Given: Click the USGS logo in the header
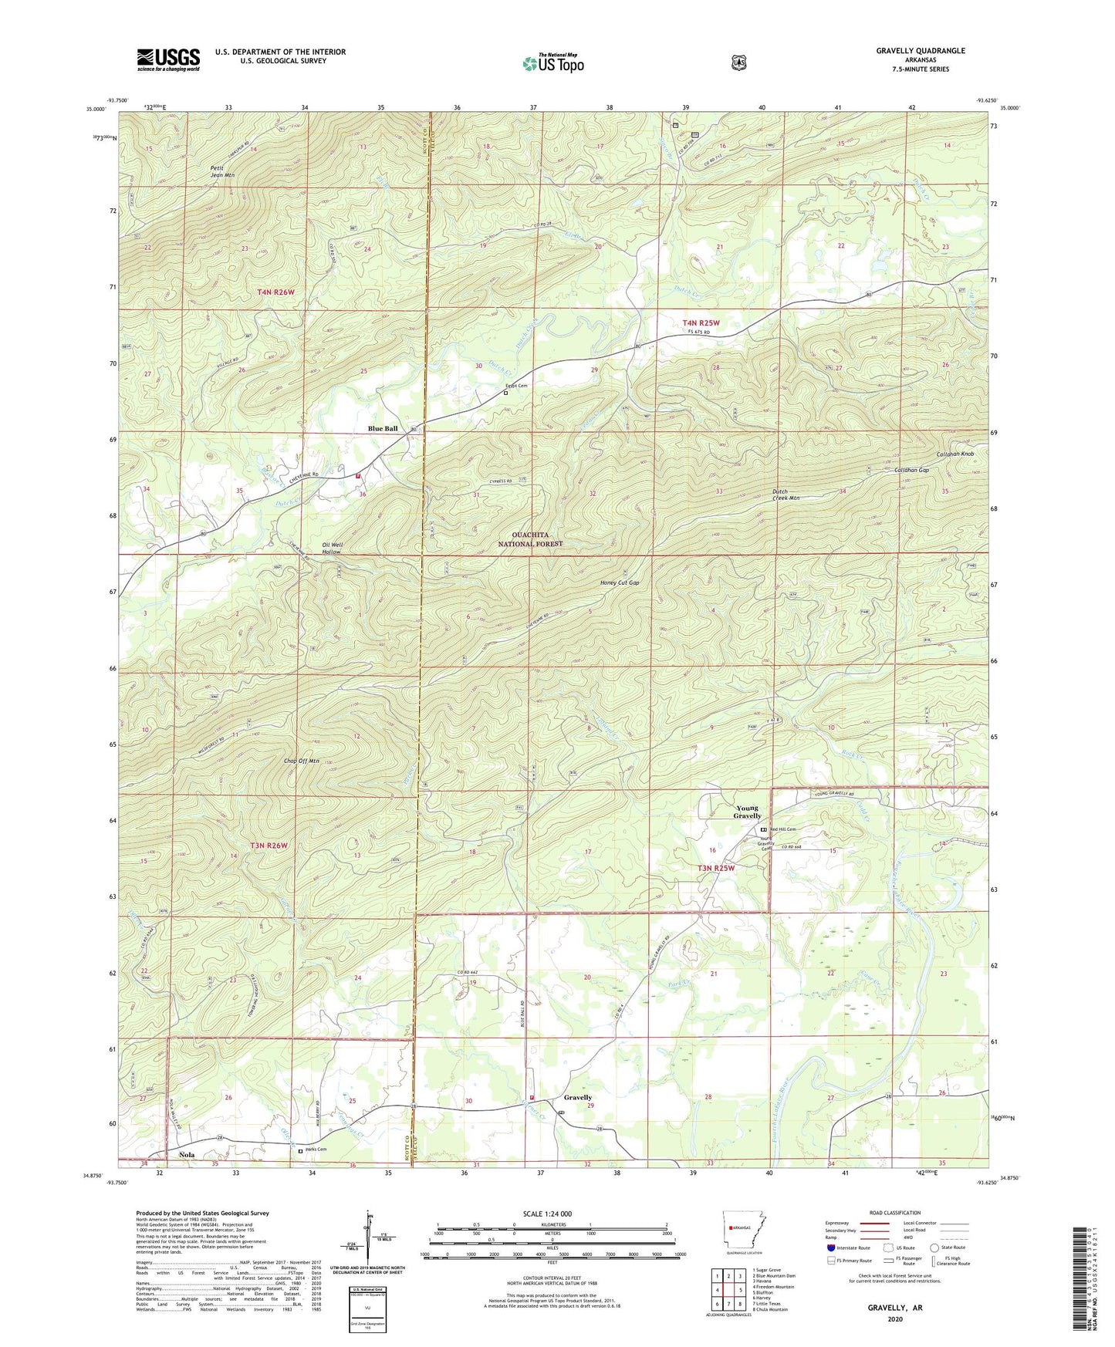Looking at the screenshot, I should pyautogui.click(x=168, y=59).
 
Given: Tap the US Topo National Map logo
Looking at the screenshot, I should pyautogui.click(x=553, y=62).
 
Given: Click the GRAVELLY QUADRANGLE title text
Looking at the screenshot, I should pyautogui.click(x=920, y=51).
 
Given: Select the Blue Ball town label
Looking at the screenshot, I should pyautogui.click(x=383, y=428).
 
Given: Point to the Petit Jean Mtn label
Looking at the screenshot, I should pyautogui.click(x=221, y=171).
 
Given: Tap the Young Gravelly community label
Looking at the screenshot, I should pyautogui.click(x=747, y=812).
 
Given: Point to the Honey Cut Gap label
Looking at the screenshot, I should pyautogui.click(x=620, y=582).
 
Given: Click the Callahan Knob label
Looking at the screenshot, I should pyautogui.click(x=955, y=454).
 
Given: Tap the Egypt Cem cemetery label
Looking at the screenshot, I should pyautogui.click(x=516, y=386).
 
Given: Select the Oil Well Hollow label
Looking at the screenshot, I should pyautogui.click(x=332, y=549).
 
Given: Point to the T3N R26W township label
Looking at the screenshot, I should pyautogui.click(x=269, y=845).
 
